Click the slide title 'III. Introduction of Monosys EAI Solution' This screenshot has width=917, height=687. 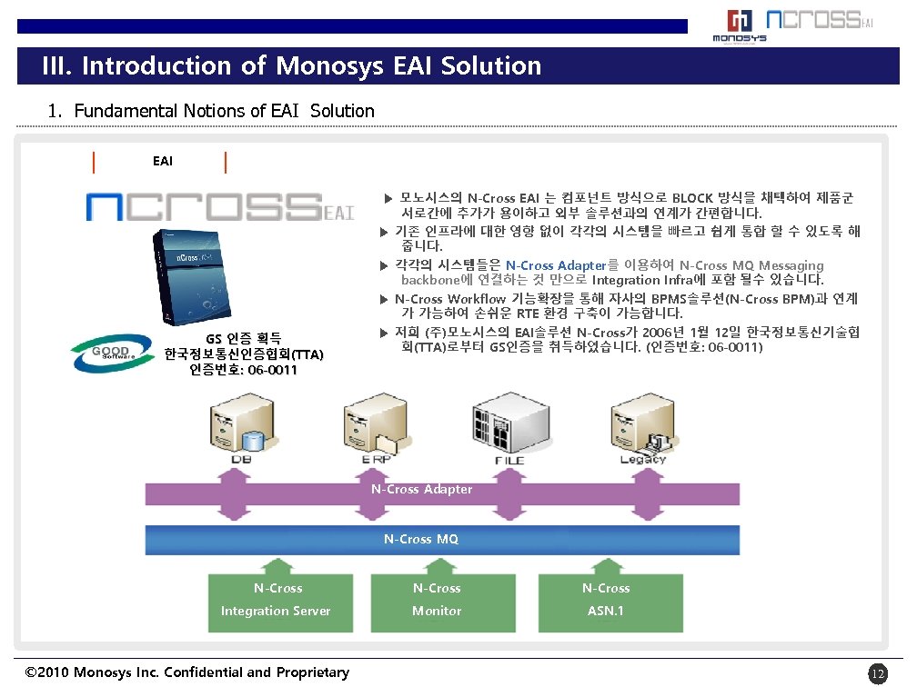(x=292, y=66)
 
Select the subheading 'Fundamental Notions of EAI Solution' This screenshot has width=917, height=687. (x=224, y=111)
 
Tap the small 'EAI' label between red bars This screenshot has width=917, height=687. (x=163, y=162)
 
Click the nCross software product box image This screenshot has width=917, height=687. (x=191, y=276)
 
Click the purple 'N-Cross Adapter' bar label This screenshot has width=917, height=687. (x=421, y=490)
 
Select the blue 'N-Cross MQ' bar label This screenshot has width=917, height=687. (x=420, y=540)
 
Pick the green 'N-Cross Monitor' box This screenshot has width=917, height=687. (x=437, y=600)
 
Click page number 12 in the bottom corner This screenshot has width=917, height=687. (x=877, y=673)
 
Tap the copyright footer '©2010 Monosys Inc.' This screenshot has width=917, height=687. (x=187, y=672)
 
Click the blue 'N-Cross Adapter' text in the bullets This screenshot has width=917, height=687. (x=555, y=265)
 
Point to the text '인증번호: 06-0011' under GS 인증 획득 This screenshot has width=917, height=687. (x=243, y=370)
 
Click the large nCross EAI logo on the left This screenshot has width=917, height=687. (x=218, y=207)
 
